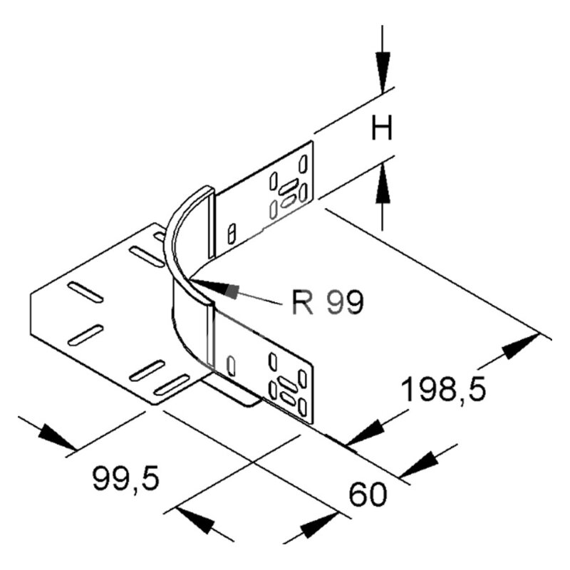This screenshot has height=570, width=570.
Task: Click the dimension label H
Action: pos(382,128)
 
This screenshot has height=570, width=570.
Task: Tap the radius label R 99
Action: pos(328,301)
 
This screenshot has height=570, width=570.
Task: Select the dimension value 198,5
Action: pos(444,389)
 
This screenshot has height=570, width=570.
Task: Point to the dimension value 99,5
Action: pos(126,479)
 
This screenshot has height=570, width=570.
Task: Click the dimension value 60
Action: pos(368,494)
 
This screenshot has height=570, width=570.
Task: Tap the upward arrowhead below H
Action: pos(383,183)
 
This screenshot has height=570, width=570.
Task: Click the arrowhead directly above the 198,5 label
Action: pos(521,346)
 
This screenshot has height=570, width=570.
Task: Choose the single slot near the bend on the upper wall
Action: pos(232,234)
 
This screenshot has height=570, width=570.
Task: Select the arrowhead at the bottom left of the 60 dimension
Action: pos(195,521)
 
